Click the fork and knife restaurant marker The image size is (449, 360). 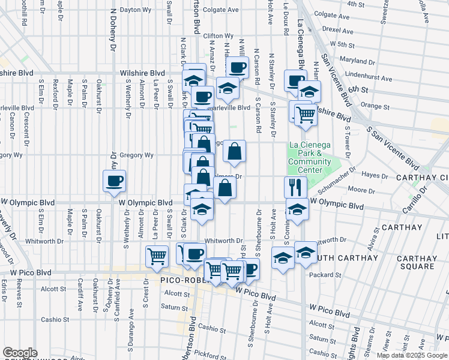coord(295,187)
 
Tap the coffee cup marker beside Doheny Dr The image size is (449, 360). coord(114,181)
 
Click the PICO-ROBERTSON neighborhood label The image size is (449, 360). coord(181,280)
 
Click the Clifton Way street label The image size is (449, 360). coord(218,36)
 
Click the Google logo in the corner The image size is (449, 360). coord(20,353)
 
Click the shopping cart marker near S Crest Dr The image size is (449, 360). coord(157,256)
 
